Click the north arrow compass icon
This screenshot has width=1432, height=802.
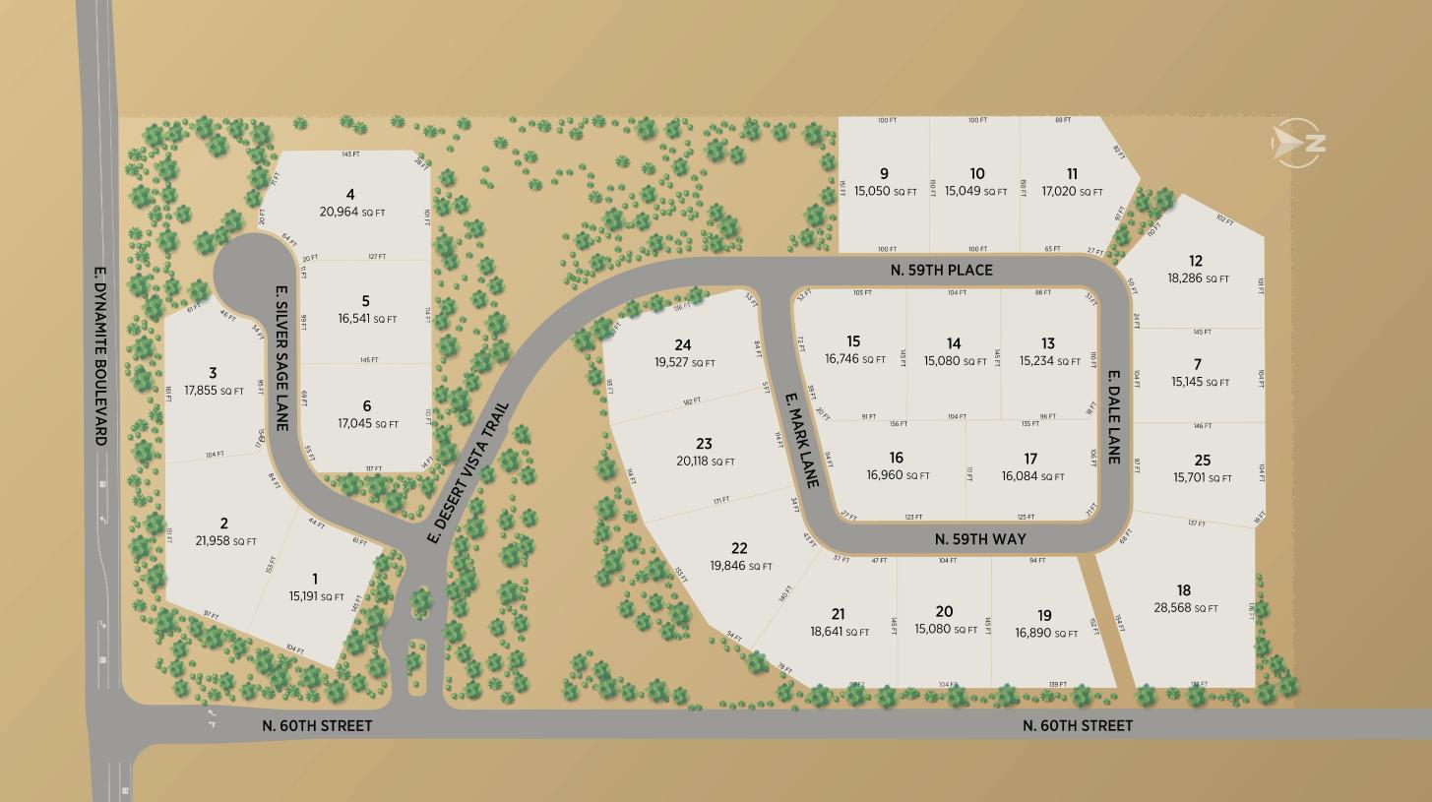(1298, 144)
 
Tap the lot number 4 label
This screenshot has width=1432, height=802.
(350, 195)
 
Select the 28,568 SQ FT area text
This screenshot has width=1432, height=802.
(1185, 608)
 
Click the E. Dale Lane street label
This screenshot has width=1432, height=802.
(1114, 417)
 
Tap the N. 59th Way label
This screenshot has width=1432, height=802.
(980, 539)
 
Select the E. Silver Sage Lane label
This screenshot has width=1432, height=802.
(281, 358)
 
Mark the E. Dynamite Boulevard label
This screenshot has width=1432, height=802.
(99, 355)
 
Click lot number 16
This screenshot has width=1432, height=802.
(896, 458)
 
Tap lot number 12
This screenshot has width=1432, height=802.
(1195, 261)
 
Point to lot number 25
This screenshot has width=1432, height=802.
(1202, 461)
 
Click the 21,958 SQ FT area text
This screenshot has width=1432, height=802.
(225, 541)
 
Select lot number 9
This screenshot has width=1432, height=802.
(884, 174)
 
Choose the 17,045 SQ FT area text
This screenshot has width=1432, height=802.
(367, 424)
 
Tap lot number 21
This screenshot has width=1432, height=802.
(838, 614)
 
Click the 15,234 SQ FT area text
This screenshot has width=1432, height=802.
(1049, 361)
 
